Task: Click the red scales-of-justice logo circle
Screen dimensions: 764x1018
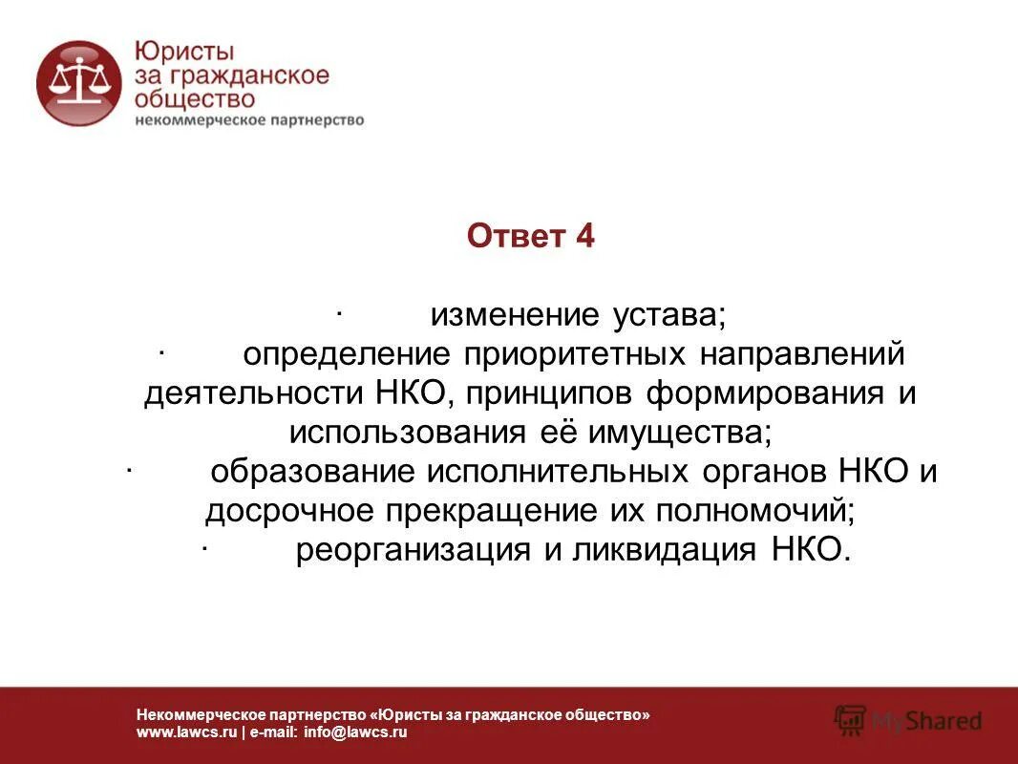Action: click(x=78, y=83)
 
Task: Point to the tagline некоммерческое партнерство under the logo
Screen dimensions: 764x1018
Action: click(x=249, y=120)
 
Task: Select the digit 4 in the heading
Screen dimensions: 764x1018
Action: click(x=584, y=236)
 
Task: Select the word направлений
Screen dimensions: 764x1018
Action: click(x=802, y=354)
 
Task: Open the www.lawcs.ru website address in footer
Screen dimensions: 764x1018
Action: click(x=185, y=732)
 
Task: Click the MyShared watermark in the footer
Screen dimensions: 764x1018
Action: click(x=908, y=719)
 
